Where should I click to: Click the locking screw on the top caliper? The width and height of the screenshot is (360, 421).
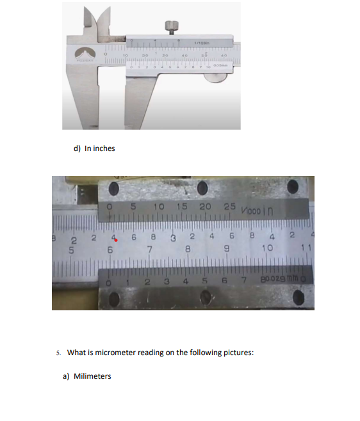(x=171, y=26)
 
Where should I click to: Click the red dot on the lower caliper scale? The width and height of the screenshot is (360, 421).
(x=117, y=240)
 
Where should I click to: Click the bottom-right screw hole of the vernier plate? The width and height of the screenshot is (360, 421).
(x=297, y=297)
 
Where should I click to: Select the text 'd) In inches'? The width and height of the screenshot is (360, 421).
(x=94, y=148)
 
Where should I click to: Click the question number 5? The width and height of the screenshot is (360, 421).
(x=58, y=353)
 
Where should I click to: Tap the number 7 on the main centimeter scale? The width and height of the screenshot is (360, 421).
(x=149, y=248)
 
